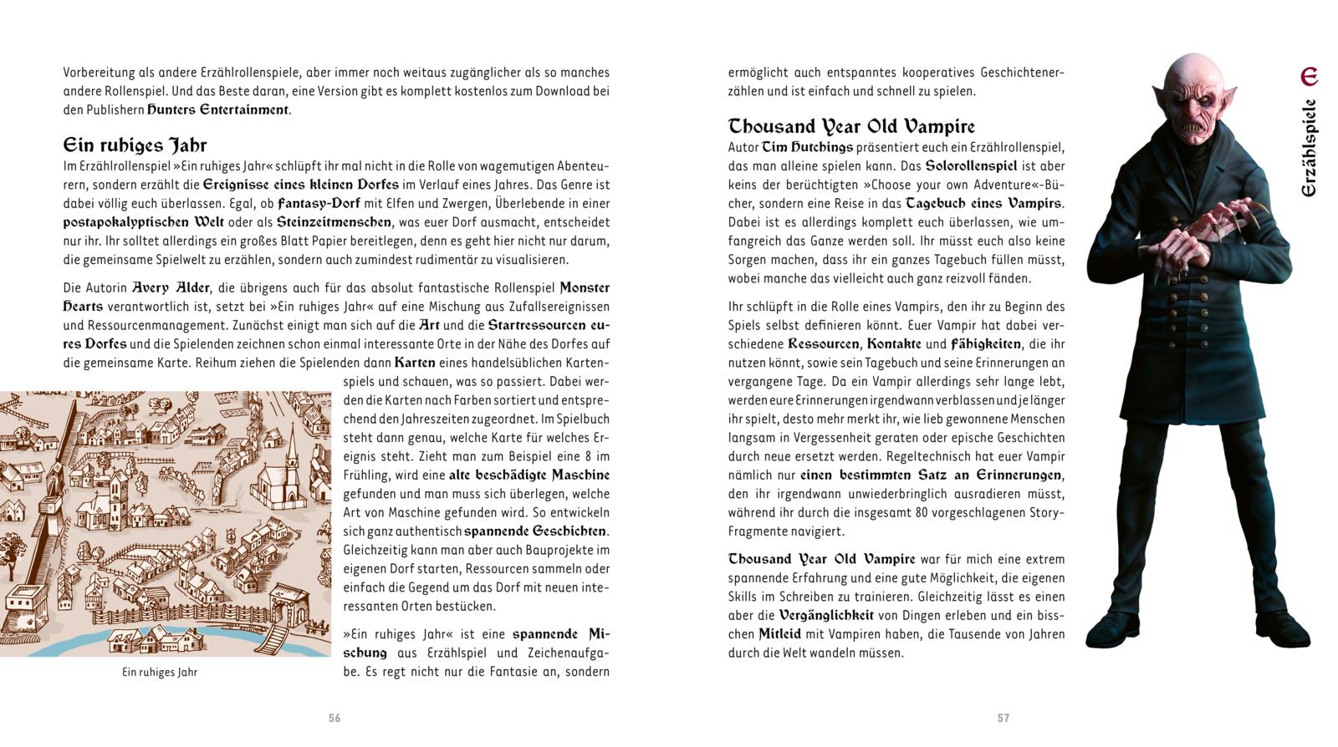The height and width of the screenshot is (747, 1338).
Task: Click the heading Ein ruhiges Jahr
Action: click(135, 145)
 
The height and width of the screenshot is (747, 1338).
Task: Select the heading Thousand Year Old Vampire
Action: click(851, 127)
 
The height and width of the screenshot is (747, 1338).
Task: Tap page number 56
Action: click(334, 718)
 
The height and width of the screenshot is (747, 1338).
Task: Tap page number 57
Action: click(1004, 718)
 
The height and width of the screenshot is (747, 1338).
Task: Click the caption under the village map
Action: click(160, 672)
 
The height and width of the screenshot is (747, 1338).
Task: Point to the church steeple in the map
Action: click(292, 451)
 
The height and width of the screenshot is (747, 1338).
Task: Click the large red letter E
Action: click(1309, 77)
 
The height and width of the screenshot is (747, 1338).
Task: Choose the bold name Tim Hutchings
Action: click(808, 147)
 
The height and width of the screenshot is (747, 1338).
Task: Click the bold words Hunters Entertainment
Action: click(218, 109)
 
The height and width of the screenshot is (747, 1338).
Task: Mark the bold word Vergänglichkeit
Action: click(826, 615)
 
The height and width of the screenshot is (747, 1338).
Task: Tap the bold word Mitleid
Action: click(779, 634)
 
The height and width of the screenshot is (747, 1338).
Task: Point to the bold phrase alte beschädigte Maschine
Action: click(529, 475)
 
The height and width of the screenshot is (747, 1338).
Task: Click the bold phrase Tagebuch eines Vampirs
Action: click(985, 203)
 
